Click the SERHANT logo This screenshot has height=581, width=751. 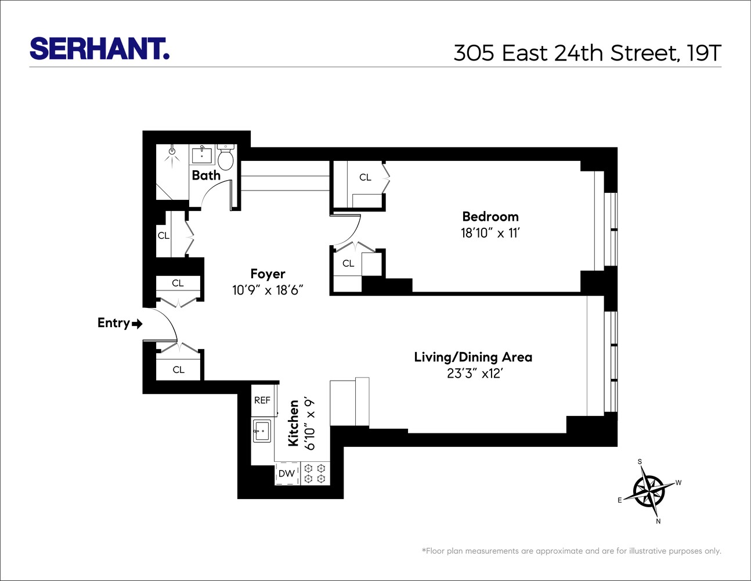pyautogui.click(x=99, y=49)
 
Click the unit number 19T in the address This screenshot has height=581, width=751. pyautogui.click(x=703, y=53)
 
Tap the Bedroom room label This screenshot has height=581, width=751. pyautogui.click(x=490, y=217)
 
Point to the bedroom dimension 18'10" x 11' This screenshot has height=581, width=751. pyautogui.click(x=490, y=233)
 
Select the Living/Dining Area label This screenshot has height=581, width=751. pyautogui.click(x=473, y=357)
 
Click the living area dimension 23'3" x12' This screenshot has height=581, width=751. pyautogui.click(x=474, y=374)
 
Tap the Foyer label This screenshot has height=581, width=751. pyautogui.click(x=268, y=274)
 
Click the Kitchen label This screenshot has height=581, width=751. pyautogui.click(x=294, y=423)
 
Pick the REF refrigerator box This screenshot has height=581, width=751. pyautogui.click(x=262, y=400)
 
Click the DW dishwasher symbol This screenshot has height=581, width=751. pyautogui.click(x=287, y=474)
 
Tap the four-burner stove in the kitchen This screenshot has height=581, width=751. pyautogui.click(x=315, y=474)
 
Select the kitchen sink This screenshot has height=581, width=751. pyautogui.click(x=262, y=431)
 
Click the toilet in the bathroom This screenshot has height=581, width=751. pyautogui.click(x=226, y=158)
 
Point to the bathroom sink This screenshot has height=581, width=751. pyautogui.click(x=202, y=156)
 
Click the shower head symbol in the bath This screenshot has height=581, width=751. pyautogui.click(x=171, y=152)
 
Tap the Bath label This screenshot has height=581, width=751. pyautogui.click(x=206, y=175)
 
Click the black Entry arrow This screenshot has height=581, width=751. pyautogui.click(x=137, y=324)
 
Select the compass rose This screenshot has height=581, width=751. pyautogui.click(x=649, y=491)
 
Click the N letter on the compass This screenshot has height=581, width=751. pyautogui.click(x=658, y=521)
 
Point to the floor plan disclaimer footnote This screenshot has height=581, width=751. pyautogui.click(x=571, y=551)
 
